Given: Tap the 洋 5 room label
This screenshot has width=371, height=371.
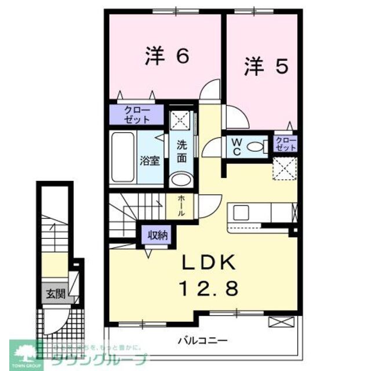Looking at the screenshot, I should point(265,67).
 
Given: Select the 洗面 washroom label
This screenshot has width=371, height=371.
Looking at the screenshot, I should point(181,151).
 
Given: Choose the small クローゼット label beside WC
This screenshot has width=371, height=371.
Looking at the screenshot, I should point(286,144).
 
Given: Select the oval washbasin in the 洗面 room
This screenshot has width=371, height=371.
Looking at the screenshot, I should point(182,179).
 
